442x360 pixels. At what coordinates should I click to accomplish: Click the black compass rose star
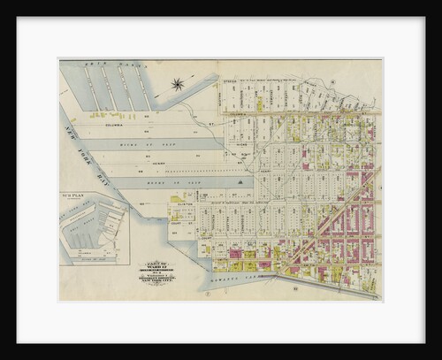point(178,85)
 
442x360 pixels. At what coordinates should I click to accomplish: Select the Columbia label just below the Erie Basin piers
point(119,125)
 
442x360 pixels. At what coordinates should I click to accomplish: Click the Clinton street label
point(185,203)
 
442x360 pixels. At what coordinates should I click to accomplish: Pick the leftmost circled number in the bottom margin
point(206,292)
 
